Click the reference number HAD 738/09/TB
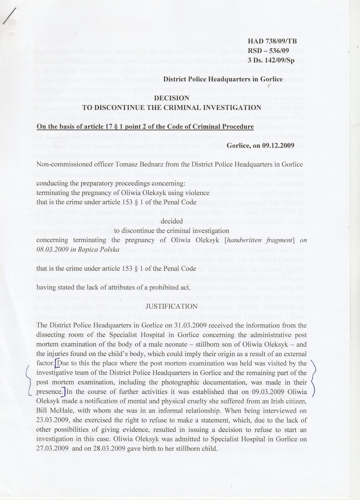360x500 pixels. pos(272,41)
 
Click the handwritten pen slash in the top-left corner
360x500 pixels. pos(8,16)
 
